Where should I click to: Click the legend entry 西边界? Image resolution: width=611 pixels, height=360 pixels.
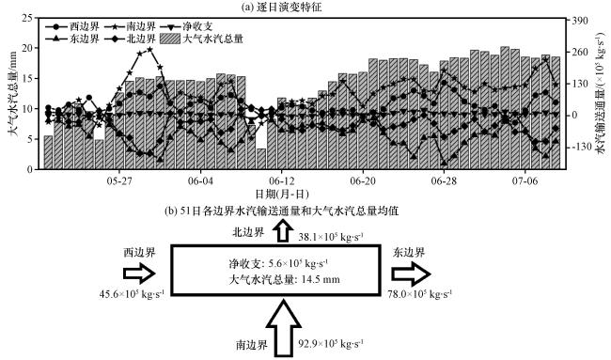[72, 26]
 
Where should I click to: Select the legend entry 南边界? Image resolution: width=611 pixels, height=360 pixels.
[131, 26]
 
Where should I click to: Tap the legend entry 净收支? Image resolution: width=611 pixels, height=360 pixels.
[187, 26]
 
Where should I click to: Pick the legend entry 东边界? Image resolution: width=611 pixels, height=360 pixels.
[72, 39]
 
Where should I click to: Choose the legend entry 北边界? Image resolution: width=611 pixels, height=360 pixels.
[131, 39]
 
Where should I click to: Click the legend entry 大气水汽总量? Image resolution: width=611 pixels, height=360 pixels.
[202, 39]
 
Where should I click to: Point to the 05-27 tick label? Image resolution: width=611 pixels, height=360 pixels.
[119, 181]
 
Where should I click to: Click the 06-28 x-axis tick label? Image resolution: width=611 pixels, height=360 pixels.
[444, 181]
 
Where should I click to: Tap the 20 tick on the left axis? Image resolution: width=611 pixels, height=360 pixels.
[27, 48]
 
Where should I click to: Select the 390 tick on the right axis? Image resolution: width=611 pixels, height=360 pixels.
[579, 21]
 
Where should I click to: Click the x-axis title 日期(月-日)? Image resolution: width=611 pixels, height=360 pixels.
[282, 194]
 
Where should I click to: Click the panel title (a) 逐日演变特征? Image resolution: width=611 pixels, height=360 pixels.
[282, 7]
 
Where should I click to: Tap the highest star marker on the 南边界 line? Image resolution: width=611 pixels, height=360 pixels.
[150, 50]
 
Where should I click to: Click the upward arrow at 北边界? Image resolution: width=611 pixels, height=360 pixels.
[282, 231]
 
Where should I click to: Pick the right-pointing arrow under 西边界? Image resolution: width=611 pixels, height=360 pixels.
[139, 274]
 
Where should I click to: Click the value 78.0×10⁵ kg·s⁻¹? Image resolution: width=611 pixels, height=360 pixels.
[419, 293]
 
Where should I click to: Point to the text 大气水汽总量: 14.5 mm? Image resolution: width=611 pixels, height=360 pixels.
[284, 279]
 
